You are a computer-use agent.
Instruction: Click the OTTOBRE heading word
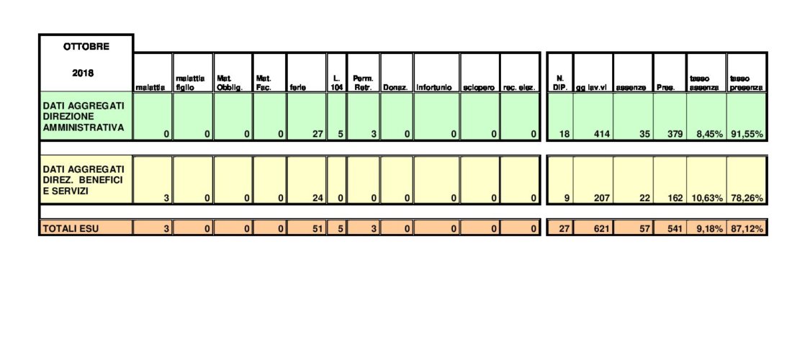tap(86, 47)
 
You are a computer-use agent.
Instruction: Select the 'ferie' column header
tap(296, 88)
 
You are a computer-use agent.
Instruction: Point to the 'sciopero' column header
tap(480, 88)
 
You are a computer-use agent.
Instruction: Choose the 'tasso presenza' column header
tap(745, 84)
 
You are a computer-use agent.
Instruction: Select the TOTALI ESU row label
tap(71, 229)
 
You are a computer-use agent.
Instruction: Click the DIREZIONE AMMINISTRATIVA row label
tap(84, 117)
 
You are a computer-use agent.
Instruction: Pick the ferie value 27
tap(317, 135)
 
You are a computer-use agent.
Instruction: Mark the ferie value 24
tap(317, 199)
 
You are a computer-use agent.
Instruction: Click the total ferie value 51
tap(317, 229)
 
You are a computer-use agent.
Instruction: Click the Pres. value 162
tap(675, 199)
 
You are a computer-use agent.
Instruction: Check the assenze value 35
tap(644, 135)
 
